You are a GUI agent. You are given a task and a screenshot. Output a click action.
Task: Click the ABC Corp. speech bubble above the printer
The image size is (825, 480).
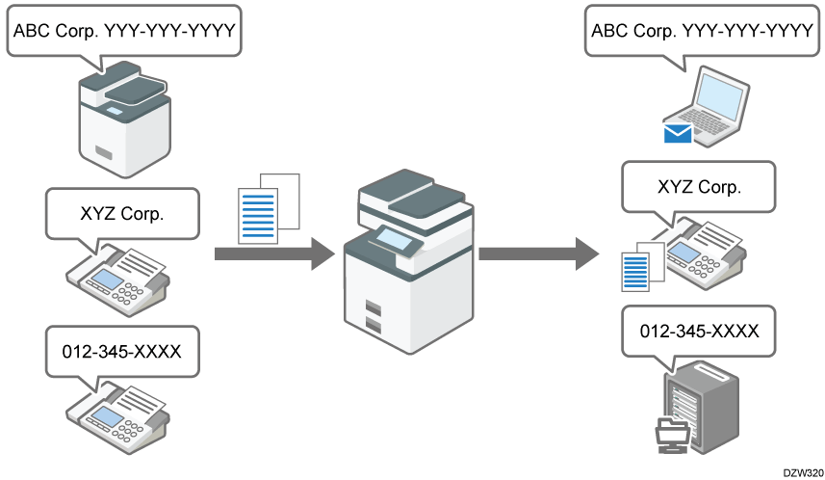[123, 33]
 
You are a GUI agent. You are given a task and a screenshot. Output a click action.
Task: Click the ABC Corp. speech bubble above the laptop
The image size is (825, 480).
[702, 33]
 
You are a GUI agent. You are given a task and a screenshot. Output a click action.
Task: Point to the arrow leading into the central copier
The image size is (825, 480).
[273, 254]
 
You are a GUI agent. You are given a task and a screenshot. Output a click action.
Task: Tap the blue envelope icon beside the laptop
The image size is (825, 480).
[679, 133]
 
